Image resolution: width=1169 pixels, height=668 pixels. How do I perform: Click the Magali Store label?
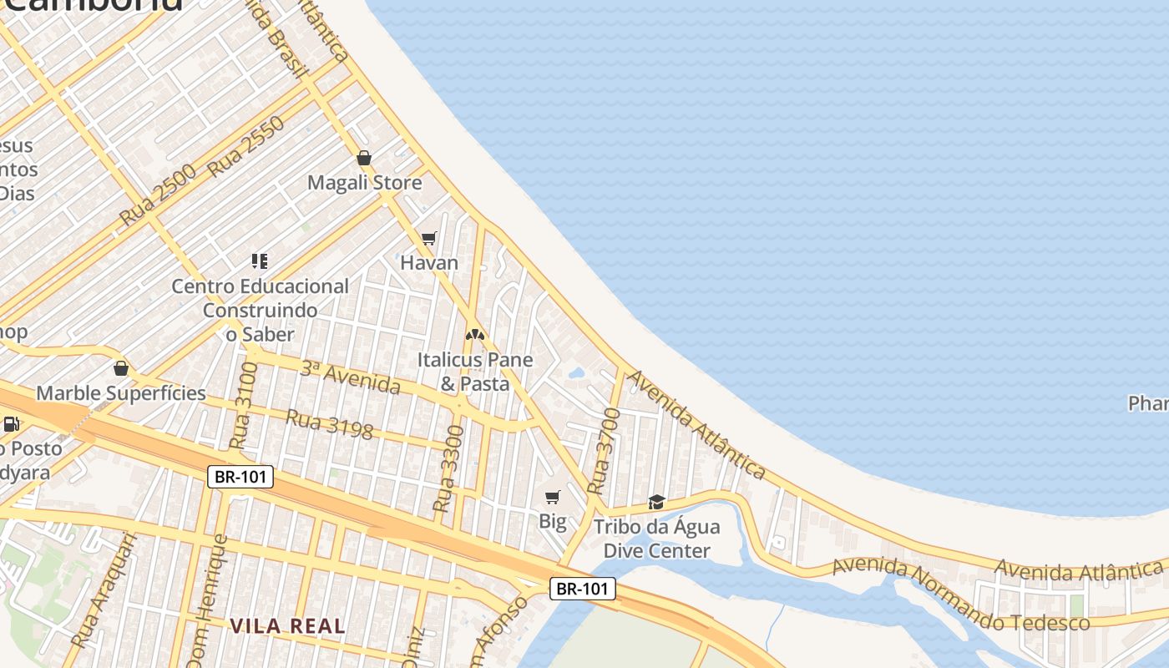point(364,183)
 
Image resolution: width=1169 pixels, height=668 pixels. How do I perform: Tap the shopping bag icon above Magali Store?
point(364,158)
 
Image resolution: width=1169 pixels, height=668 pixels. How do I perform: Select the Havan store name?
point(429,263)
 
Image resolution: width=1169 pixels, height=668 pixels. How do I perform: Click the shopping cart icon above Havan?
point(429,239)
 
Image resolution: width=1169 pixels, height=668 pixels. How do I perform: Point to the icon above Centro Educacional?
point(260,261)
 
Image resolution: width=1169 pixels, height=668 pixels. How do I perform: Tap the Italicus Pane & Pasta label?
point(475,372)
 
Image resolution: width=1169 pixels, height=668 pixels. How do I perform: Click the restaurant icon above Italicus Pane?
point(475,335)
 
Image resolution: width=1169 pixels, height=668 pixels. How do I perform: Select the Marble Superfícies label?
point(121,393)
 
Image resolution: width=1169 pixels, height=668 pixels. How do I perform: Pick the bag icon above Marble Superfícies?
point(121,368)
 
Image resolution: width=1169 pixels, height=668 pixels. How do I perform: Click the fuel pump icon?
point(12,423)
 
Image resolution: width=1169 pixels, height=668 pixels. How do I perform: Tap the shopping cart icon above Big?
point(552,498)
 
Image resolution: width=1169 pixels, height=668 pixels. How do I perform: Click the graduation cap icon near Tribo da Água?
point(657,503)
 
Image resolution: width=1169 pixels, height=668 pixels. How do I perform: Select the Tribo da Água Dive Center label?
point(656,539)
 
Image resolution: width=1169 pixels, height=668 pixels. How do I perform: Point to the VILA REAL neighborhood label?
point(287,625)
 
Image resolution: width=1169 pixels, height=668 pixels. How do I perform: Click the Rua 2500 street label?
point(157,195)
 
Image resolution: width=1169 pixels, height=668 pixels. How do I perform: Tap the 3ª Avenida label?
point(350,377)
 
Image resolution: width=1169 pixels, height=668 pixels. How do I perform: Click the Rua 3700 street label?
point(605,451)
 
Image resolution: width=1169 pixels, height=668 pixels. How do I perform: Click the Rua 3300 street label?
point(448,468)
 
